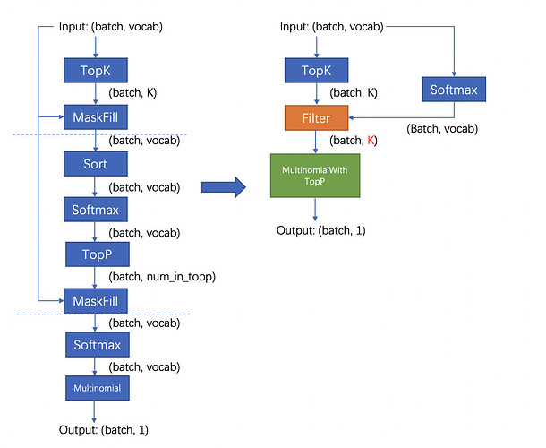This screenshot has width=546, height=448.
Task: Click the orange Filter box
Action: (x=316, y=118)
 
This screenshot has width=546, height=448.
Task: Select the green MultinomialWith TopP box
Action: (x=315, y=176)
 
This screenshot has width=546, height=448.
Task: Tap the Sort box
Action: (x=96, y=163)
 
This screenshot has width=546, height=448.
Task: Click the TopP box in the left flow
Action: (x=98, y=254)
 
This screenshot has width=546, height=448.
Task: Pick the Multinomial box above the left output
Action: (x=98, y=388)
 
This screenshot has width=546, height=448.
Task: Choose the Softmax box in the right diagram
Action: (x=454, y=90)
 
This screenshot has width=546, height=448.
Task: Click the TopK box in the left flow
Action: (x=96, y=71)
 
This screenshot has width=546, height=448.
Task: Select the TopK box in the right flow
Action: (x=316, y=71)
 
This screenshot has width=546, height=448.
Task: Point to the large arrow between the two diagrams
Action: (x=224, y=187)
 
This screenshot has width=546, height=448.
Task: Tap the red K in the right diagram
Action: (x=371, y=140)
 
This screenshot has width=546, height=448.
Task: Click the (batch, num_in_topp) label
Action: (x=162, y=277)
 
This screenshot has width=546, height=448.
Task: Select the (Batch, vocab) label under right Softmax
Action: (x=442, y=129)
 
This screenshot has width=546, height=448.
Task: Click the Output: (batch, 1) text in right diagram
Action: (x=320, y=230)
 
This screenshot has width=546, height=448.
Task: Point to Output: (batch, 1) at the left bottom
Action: (x=104, y=429)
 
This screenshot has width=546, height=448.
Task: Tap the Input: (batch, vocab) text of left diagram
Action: (x=111, y=27)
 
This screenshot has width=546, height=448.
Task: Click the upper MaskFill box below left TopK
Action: (x=96, y=117)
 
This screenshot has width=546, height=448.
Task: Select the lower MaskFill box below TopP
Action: (x=96, y=301)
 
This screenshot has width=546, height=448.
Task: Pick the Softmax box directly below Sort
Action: (x=96, y=210)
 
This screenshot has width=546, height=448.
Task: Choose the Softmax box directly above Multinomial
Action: (x=98, y=344)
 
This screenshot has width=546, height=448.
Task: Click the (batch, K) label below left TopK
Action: (x=132, y=93)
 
